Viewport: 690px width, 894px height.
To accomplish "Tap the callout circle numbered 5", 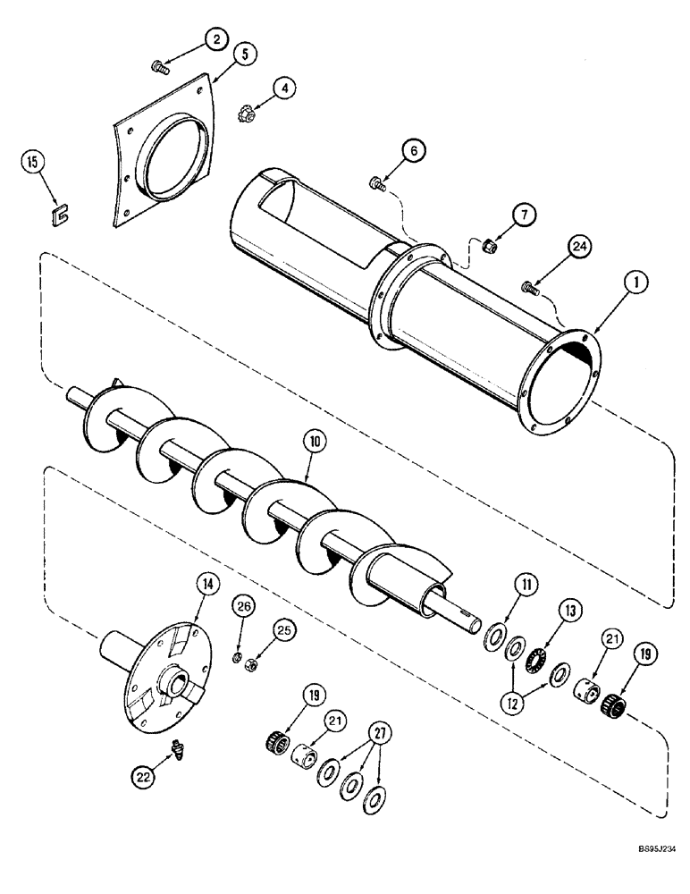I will point(247,54).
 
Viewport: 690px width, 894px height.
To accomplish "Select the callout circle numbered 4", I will point(283,89).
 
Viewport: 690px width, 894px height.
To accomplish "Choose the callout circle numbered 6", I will point(414,153).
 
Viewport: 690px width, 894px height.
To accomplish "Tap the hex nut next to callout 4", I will point(247,114).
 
